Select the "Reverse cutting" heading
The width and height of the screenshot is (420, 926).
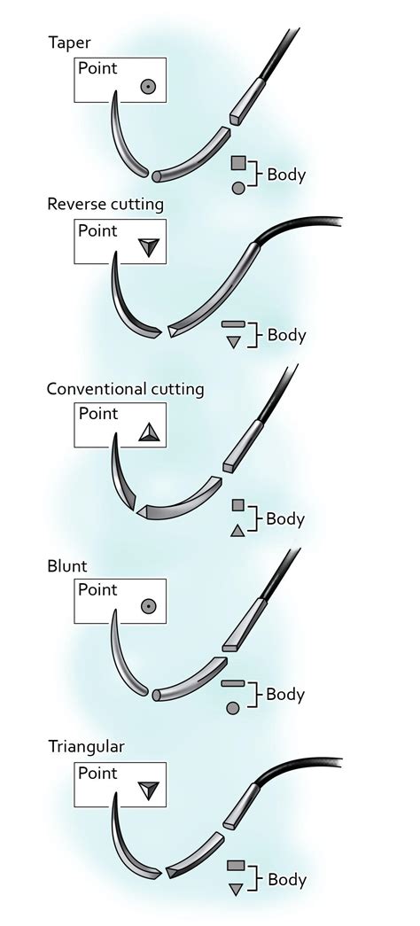(x=105, y=205)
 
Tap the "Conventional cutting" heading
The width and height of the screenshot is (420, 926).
(x=125, y=389)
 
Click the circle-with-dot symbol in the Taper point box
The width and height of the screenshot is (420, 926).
(x=148, y=86)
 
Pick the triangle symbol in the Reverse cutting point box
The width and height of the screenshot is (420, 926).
(x=148, y=249)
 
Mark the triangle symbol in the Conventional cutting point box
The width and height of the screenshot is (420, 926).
(x=149, y=432)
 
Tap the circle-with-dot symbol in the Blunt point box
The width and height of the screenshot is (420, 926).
(x=148, y=606)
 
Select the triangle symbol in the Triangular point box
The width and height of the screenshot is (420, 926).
(x=149, y=789)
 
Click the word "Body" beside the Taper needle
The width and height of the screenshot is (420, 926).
(x=286, y=175)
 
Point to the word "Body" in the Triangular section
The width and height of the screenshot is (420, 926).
(x=286, y=879)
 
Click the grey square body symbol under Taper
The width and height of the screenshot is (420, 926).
(x=237, y=162)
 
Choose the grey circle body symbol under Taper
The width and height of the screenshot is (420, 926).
(x=237, y=187)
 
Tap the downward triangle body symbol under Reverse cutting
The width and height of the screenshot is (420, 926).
(x=233, y=342)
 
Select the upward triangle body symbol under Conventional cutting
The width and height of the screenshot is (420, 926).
(x=237, y=530)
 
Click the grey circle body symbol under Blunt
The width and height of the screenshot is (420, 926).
(x=233, y=707)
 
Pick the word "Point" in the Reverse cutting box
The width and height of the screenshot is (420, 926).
(x=97, y=231)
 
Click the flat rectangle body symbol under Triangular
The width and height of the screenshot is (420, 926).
(x=235, y=865)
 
